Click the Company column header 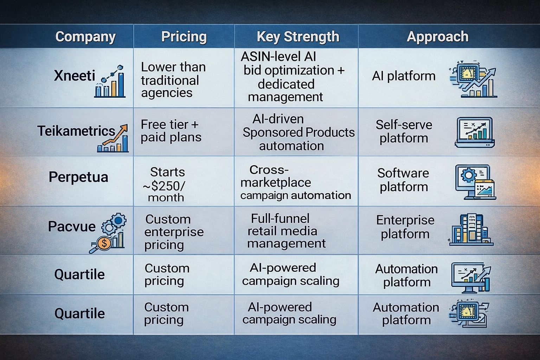click(x=85, y=37)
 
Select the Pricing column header click(x=184, y=37)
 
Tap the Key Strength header click(x=298, y=37)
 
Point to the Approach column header click(x=437, y=37)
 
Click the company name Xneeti click(x=75, y=76)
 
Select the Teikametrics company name click(x=76, y=131)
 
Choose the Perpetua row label click(x=78, y=176)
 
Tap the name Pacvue click(x=72, y=226)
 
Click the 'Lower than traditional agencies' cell click(x=173, y=80)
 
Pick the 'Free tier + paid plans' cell click(x=171, y=131)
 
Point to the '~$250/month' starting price click(x=166, y=184)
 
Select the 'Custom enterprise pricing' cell click(x=174, y=232)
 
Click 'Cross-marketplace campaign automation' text click(x=295, y=182)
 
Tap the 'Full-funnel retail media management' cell click(x=286, y=231)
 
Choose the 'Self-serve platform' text click(x=404, y=131)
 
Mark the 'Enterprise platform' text click(x=405, y=227)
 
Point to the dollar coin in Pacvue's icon click(x=104, y=243)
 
